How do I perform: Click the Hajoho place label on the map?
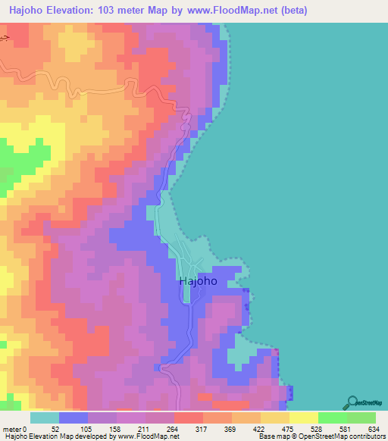click(198, 280)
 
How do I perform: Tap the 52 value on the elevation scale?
click(60, 429)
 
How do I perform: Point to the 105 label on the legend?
click(88, 429)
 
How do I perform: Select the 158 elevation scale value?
click(117, 429)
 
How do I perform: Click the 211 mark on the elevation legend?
click(145, 429)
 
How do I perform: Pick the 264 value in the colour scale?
click(174, 429)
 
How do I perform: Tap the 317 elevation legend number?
click(203, 429)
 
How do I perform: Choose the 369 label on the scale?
click(232, 429)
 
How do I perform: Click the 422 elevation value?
click(261, 429)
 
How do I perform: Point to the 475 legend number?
click(289, 429)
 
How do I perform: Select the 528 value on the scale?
click(318, 429)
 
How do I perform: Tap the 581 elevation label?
click(347, 429)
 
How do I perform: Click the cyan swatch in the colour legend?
click(45, 418)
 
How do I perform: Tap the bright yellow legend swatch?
click(303, 418)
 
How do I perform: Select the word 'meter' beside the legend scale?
click(14, 429)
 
